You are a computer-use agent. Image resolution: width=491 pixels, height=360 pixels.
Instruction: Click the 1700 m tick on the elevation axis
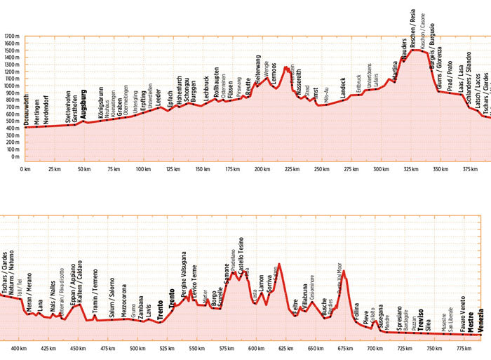(x=12, y=36)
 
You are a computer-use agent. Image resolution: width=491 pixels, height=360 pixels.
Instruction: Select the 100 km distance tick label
(x=143, y=170)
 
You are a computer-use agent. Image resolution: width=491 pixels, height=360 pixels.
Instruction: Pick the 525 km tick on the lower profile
(x=167, y=348)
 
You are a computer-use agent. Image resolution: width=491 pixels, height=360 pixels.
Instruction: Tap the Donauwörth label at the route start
(x=27, y=109)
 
